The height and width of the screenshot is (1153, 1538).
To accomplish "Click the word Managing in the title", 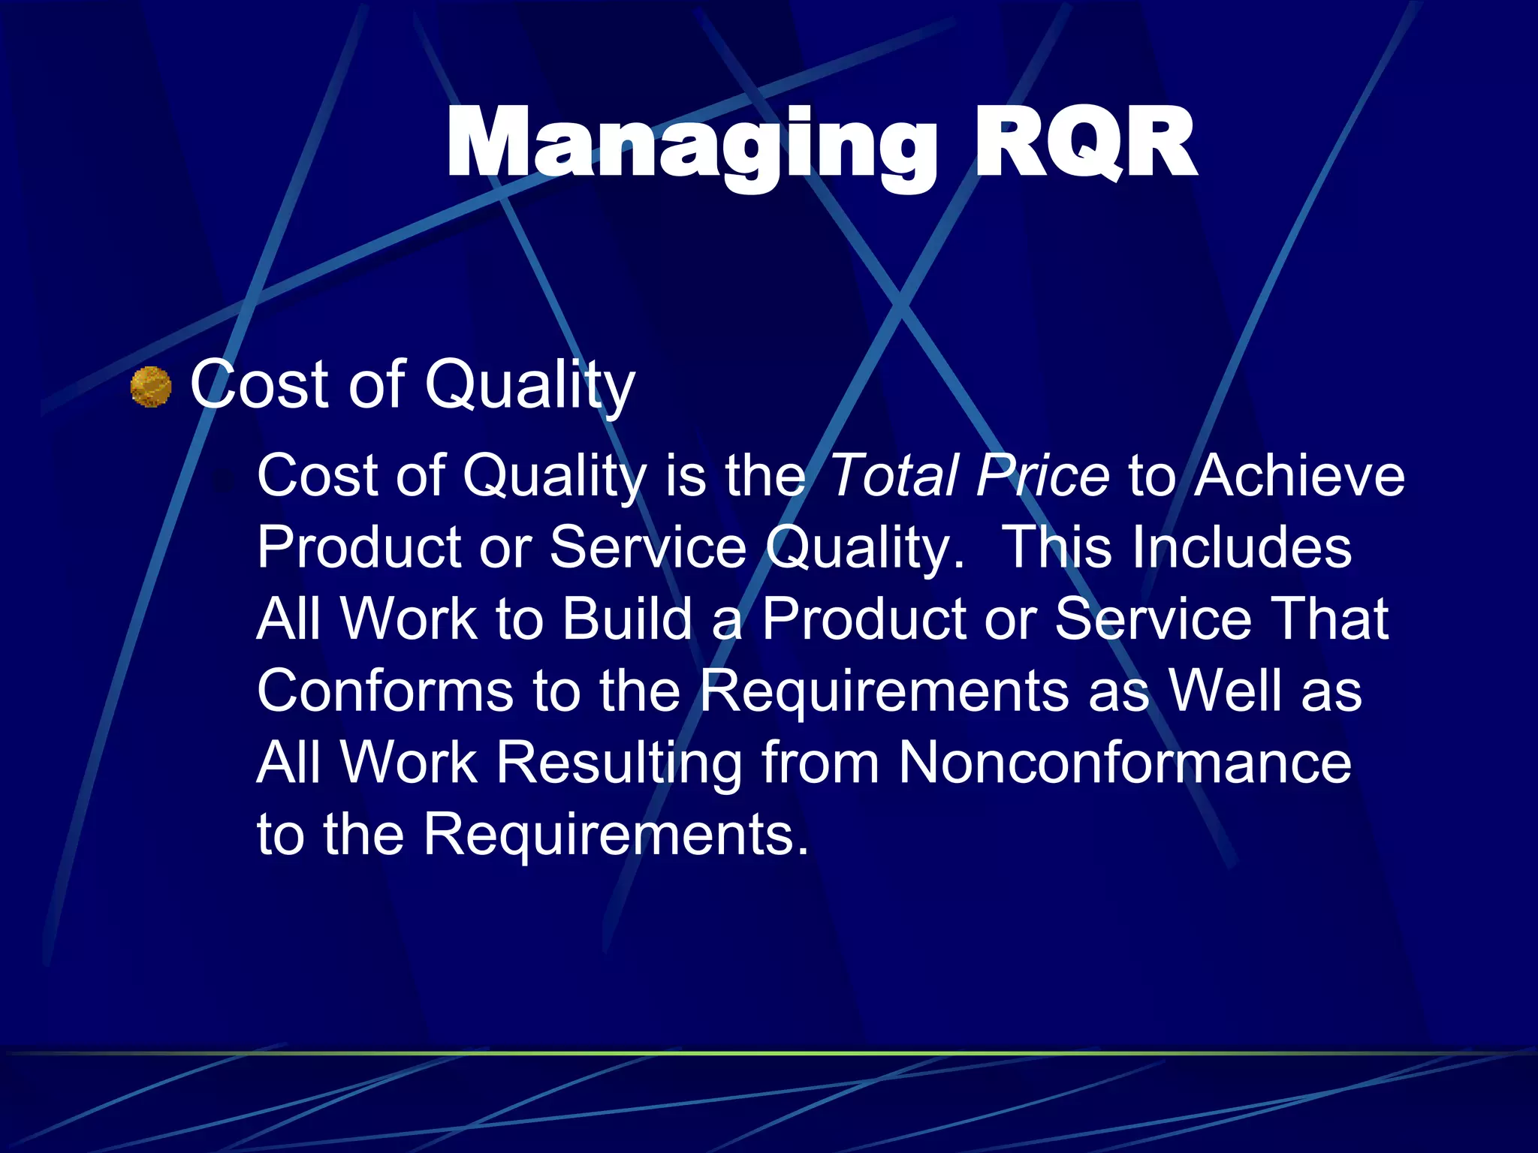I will click(691, 144).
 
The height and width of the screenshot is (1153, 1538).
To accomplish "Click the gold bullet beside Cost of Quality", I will click(151, 387).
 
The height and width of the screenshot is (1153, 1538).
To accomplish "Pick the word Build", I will click(627, 619).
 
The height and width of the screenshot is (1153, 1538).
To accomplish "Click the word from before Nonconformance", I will click(820, 763).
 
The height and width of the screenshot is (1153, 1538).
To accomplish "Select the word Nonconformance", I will click(1124, 763).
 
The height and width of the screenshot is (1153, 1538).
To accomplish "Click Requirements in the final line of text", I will click(616, 835).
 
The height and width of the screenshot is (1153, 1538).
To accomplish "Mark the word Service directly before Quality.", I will click(647, 547).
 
